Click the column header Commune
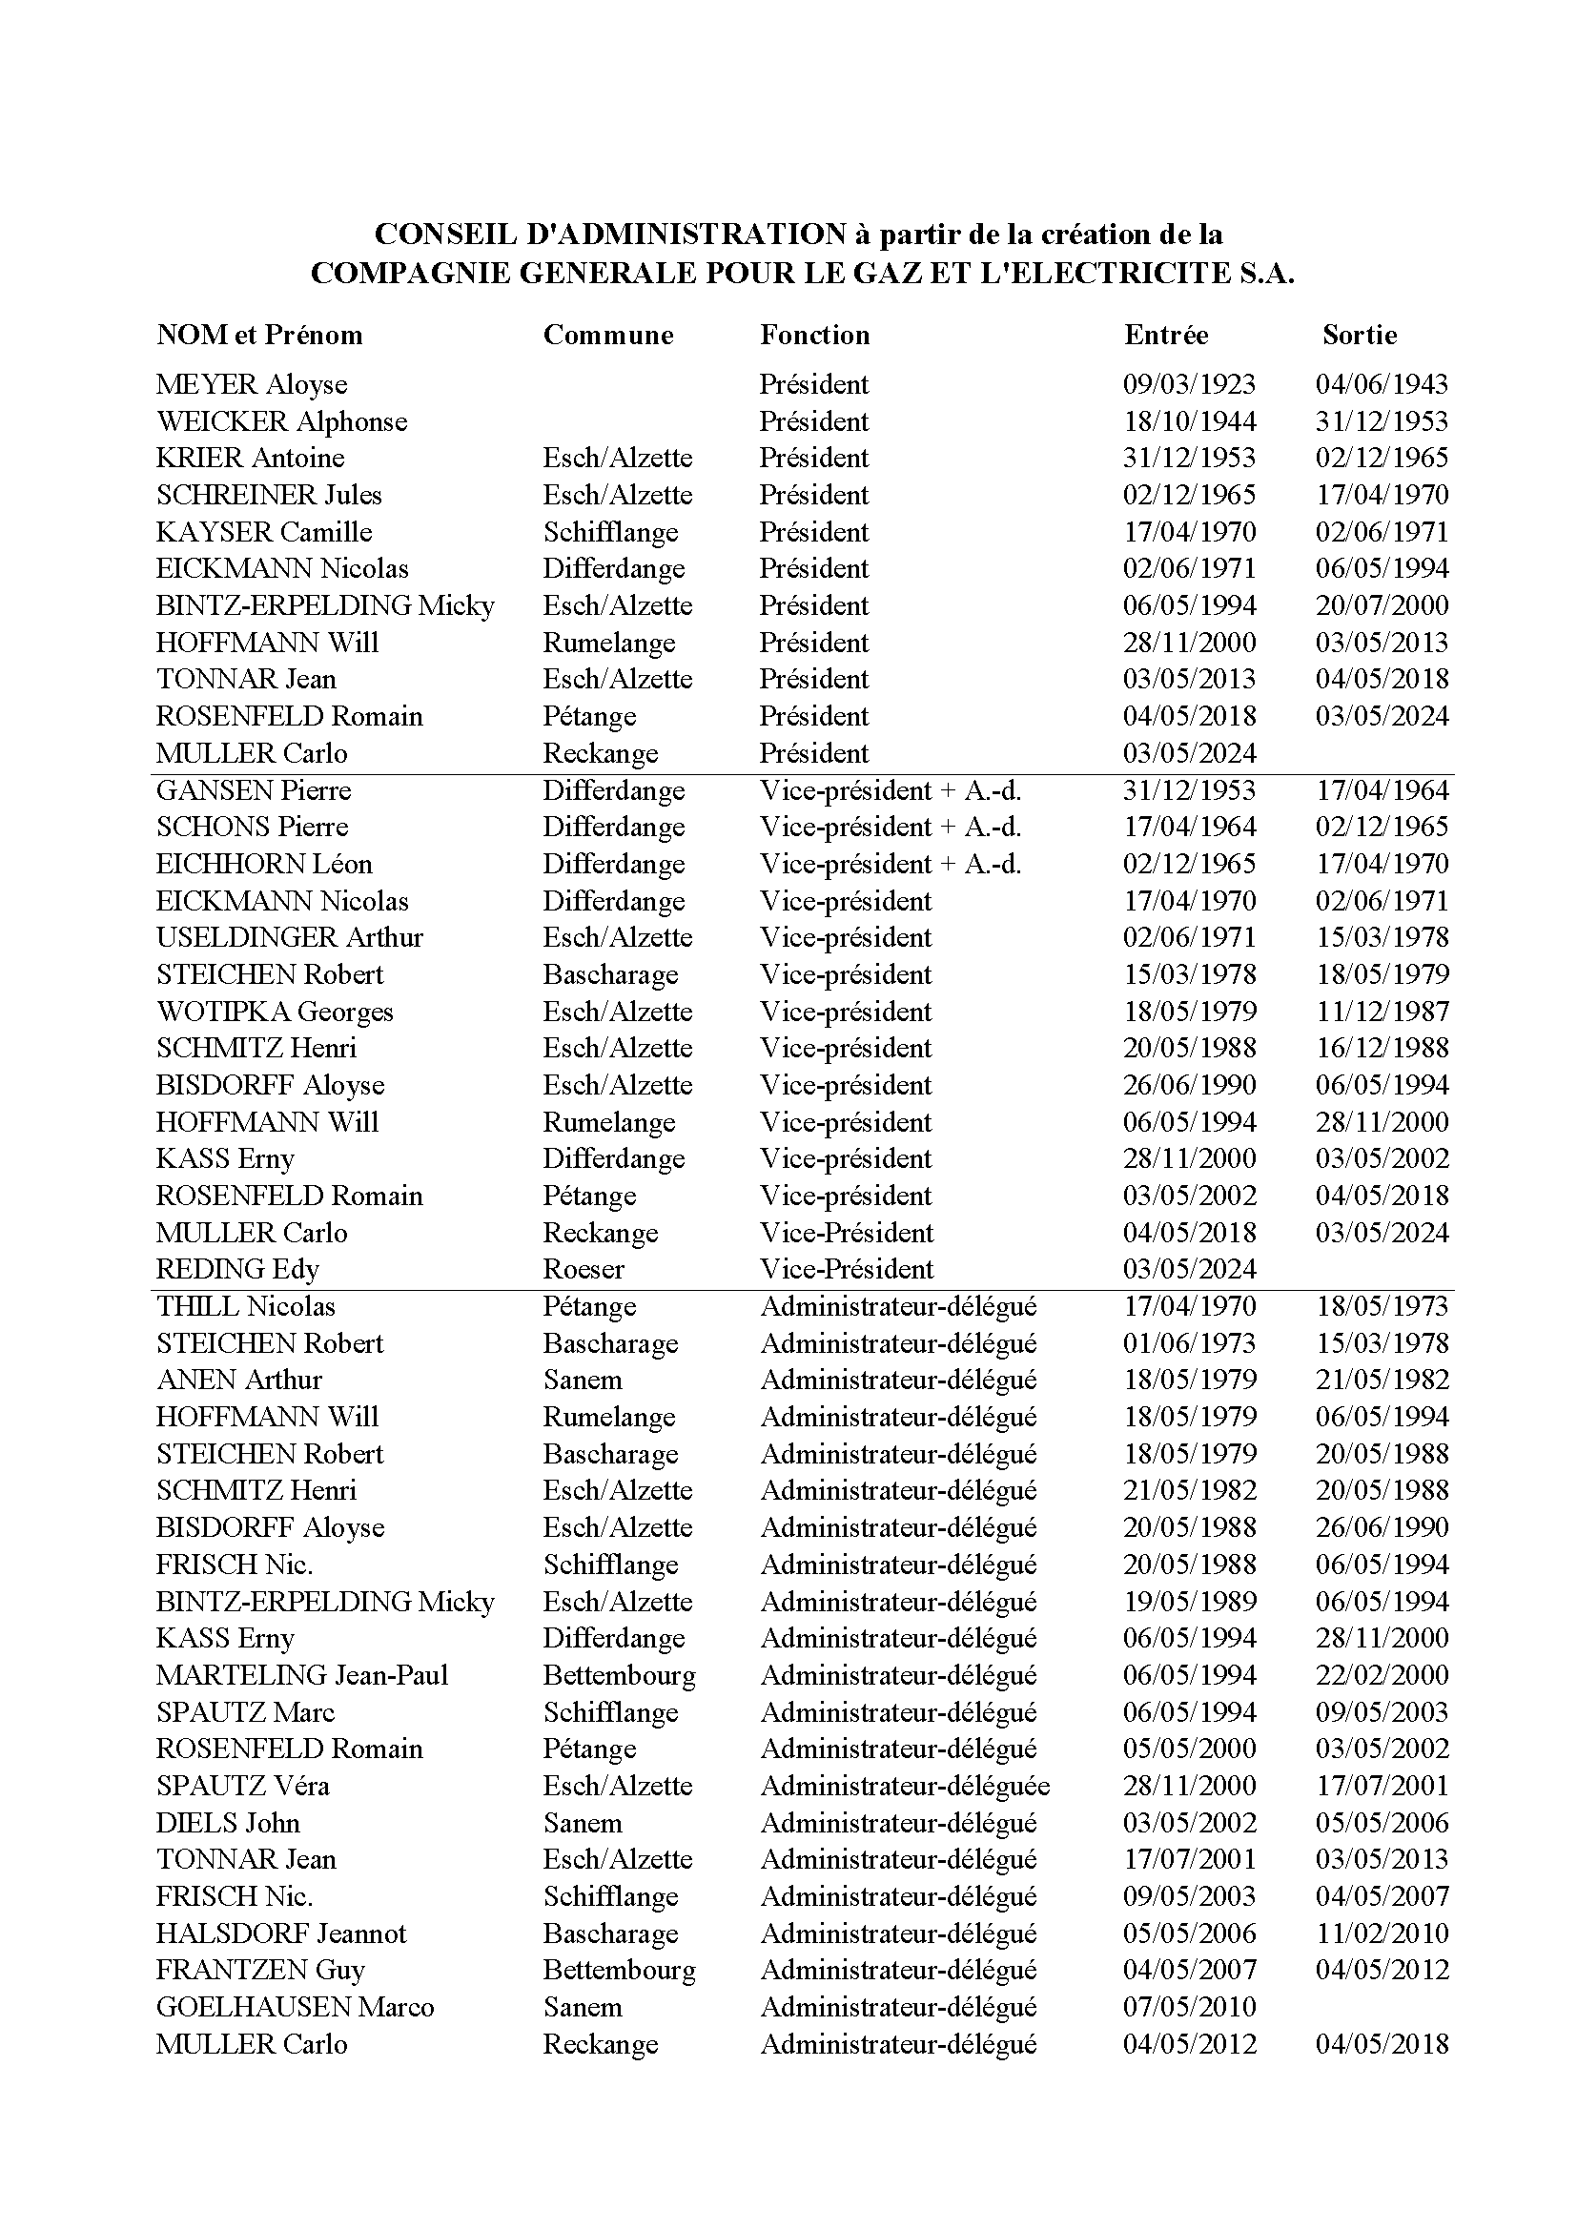(x=608, y=335)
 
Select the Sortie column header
(x=1360, y=335)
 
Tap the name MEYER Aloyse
(x=252, y=384)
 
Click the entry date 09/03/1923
(x=1189, y=384)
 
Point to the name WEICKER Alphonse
(x=281, y=421)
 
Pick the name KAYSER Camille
(x=264, y=532)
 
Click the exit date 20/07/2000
(x=1382, y=606)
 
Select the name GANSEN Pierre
(x=254, y=790)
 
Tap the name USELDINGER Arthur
(x=290, y=938)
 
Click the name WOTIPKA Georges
(x=275, y=1013)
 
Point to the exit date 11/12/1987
(x=1382, y=1013)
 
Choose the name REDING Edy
(x=238, y=1269)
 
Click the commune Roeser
(x=584, y=1269)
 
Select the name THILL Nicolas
(x=246, y=1306)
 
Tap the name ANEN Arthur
(x=239, y=1381)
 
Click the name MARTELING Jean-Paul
(x=302, y=1675)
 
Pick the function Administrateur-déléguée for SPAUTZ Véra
(x=905, y=1786)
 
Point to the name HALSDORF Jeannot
(x=280, y=1933)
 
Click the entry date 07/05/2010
(x=1189, y=2008)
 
